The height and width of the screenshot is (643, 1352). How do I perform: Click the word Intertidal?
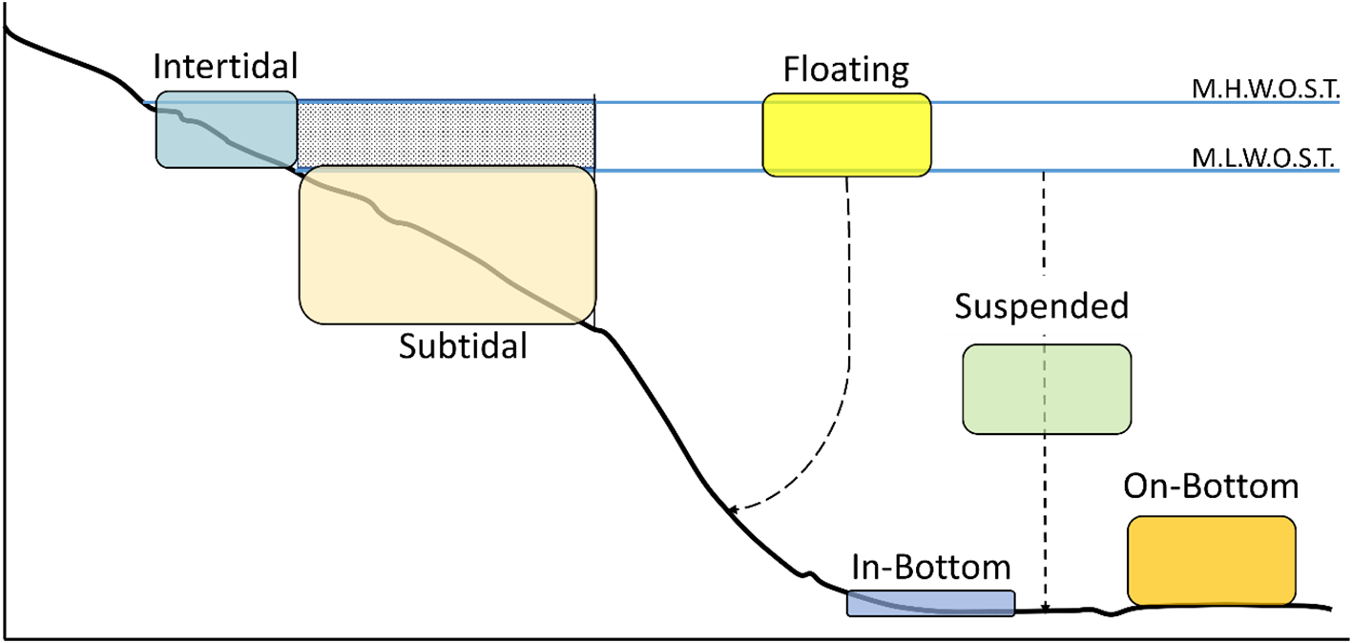(x=226, y=68)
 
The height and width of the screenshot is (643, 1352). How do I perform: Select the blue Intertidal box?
(x=226, y=130)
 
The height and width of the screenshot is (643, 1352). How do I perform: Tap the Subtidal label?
(x=463, y=345)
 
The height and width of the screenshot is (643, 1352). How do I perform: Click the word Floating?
(x=846, y=70)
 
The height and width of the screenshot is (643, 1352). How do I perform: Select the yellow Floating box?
(x=846, y=135)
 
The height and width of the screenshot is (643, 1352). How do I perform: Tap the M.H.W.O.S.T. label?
(x=1268, y=90)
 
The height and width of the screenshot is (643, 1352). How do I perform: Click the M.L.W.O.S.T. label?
(x=1268, y=158)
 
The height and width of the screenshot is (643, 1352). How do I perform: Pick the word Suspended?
(x=1041, y=306)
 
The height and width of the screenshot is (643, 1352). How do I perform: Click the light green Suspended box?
(x=1047, y=389)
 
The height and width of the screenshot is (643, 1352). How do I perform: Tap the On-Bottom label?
(x=1211, y=487)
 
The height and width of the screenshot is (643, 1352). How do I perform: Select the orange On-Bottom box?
(x=1211, y=561)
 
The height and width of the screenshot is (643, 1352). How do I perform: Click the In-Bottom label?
(x=930, y=568)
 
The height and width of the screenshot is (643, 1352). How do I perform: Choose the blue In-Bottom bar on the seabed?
(x=931, y=603)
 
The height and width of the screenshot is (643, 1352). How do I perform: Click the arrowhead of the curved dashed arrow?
(x=733, y=512)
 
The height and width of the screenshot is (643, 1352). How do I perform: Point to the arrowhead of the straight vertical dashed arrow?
(x=1047, y=607)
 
